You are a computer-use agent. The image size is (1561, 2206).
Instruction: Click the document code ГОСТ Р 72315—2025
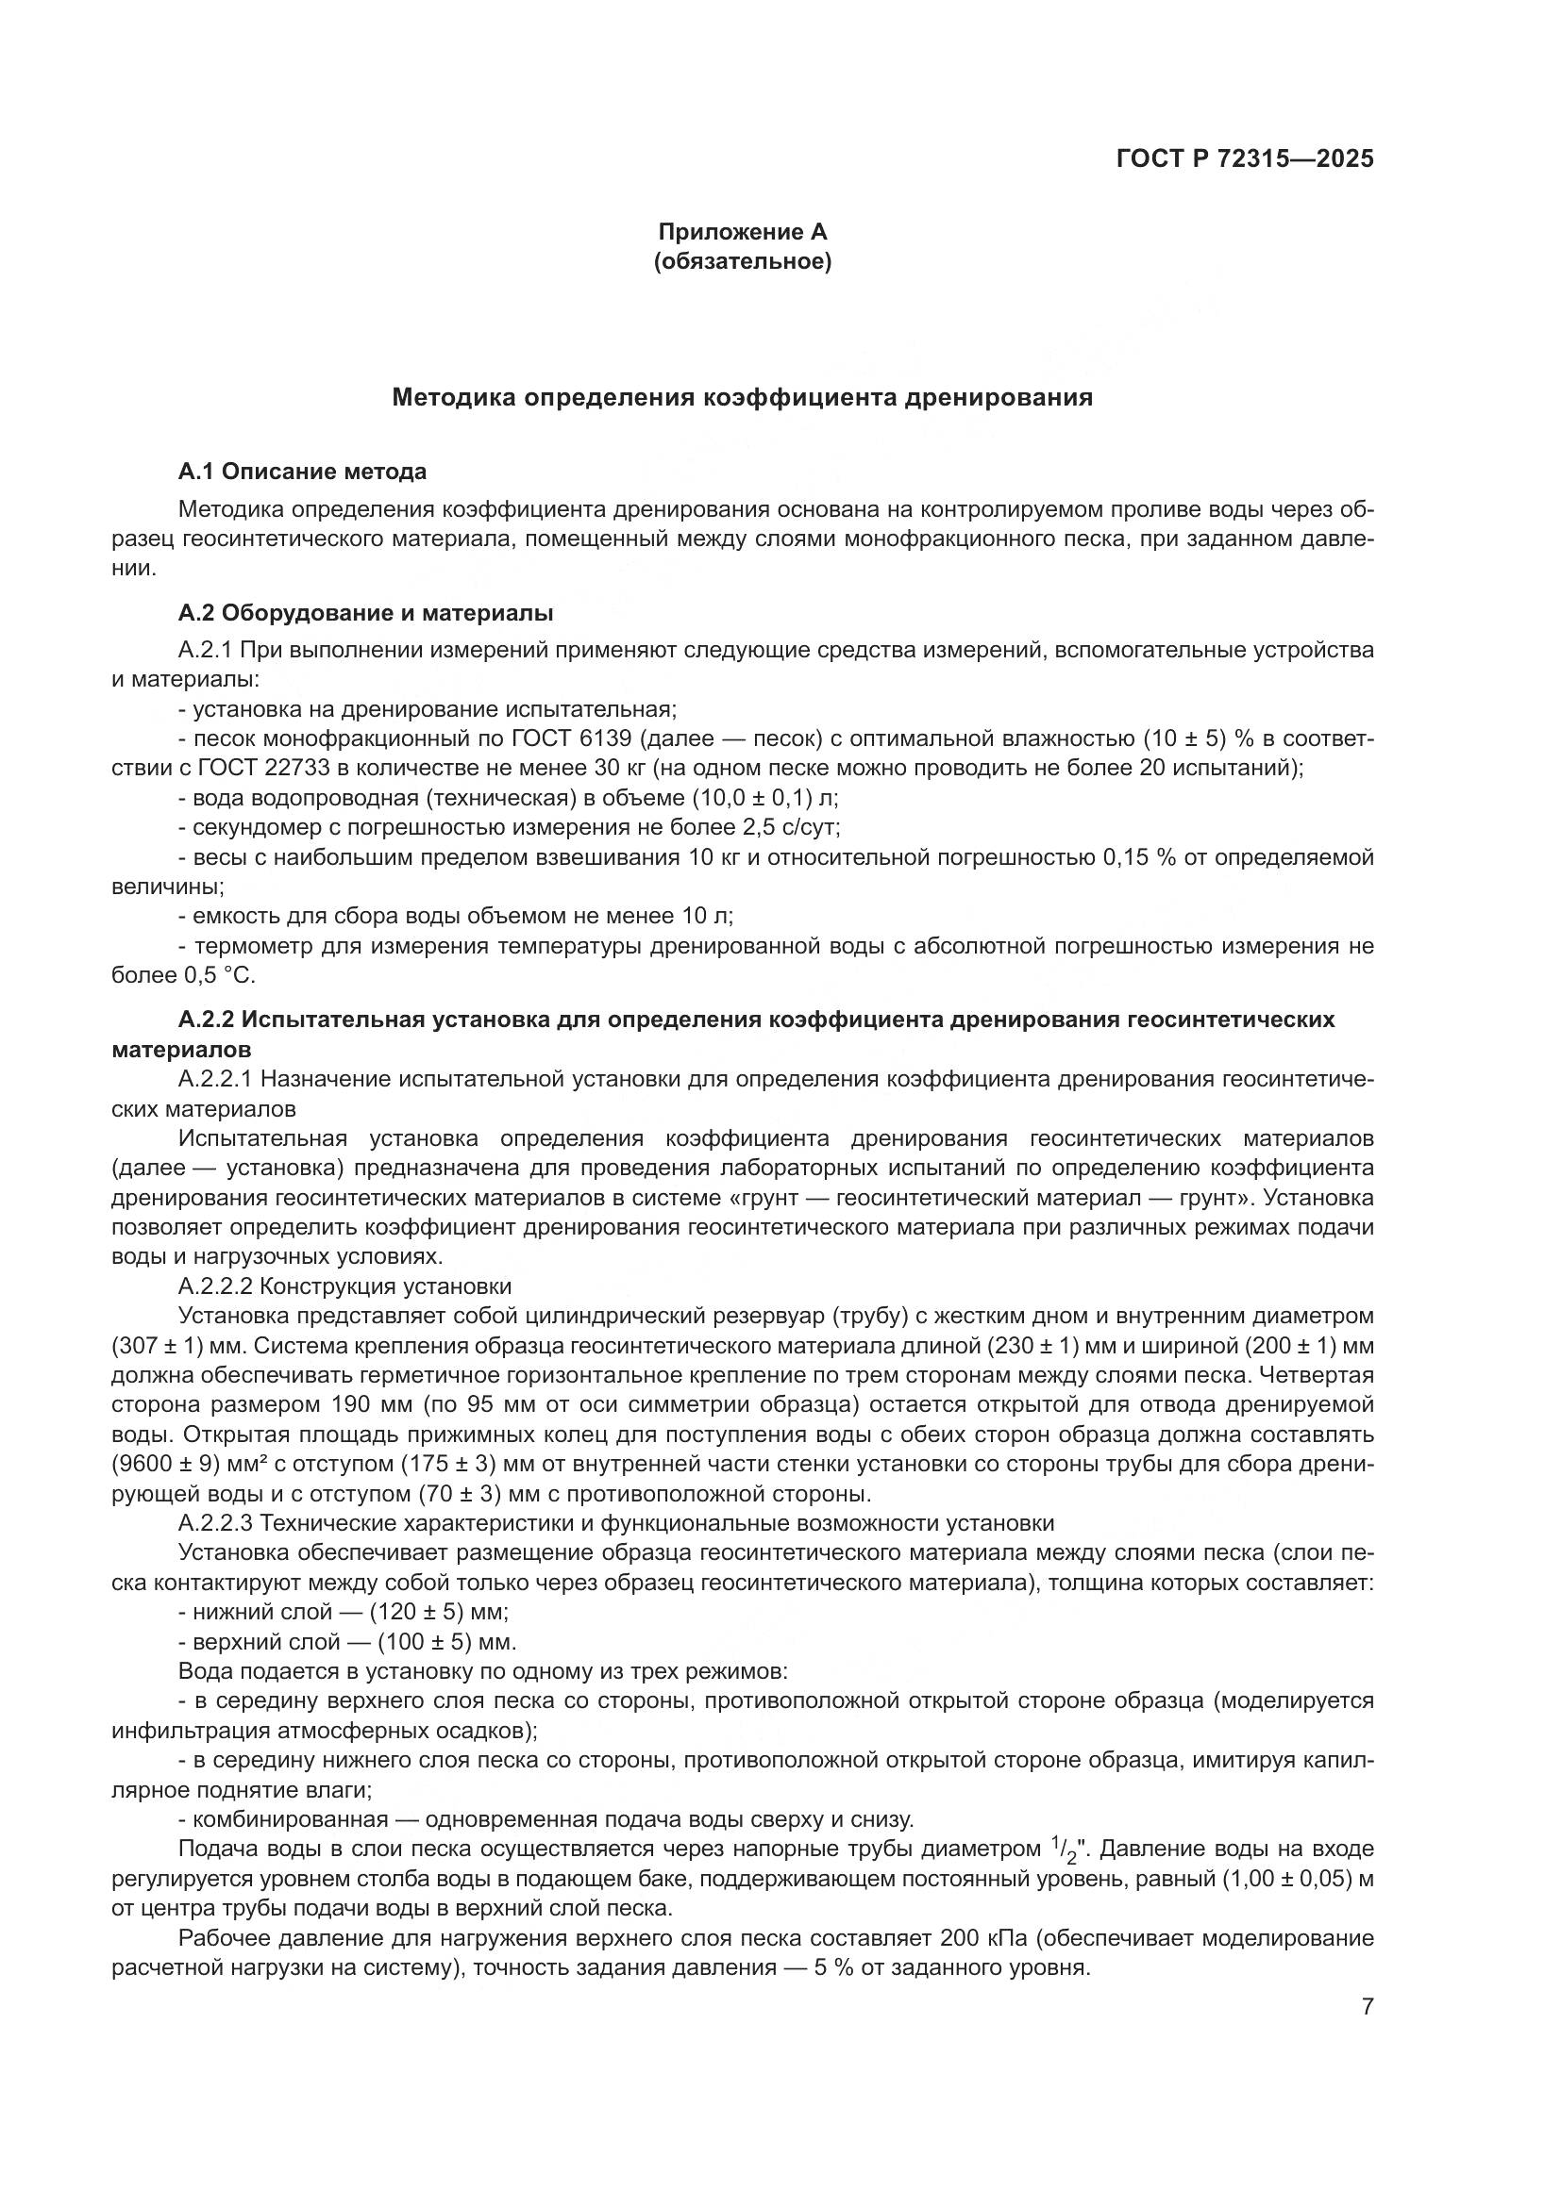pyautogui.click(x=1245, y=159)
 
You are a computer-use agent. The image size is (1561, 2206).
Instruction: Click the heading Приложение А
pyautogui.click(x=742, y=232)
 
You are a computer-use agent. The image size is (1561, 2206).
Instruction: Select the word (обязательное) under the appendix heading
pyautogui.click(x=742, y=261)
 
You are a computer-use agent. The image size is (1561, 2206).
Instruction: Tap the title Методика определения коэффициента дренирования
pyautogui.click(x=742, y=398)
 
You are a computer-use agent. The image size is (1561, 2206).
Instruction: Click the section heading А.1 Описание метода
pyautogui.click(x=303, y=472)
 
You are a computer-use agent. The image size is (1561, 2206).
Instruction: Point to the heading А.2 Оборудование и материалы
pyautogui.click(x=365, y=613)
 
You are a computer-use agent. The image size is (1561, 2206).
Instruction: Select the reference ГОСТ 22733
pyautogui.click(x=261, y=769)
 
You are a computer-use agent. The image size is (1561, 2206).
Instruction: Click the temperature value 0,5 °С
pyautogui.click(x=219, y=976)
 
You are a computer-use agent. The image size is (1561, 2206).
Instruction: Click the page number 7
pyautogui.click(x=1367, y=2007)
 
